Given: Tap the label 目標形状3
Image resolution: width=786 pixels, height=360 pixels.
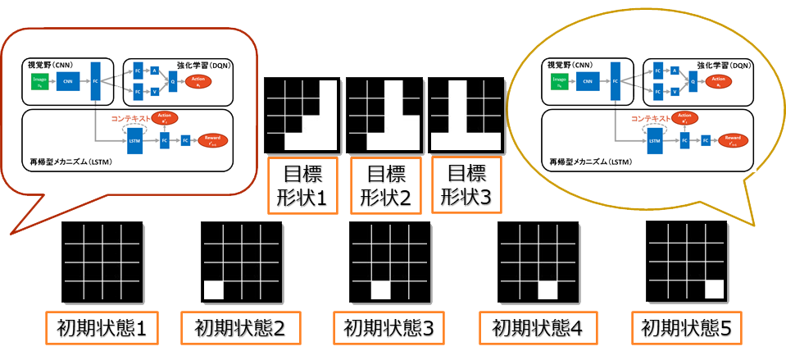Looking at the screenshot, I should point(465,185).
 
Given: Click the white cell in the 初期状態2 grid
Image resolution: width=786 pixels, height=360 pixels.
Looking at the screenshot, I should point(213,289).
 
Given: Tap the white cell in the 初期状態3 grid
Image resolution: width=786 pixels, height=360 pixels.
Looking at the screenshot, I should point(381,289).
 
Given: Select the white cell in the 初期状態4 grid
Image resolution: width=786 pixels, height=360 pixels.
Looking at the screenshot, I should point(547,289).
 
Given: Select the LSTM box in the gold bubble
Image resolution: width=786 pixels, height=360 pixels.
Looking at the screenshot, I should point(654,141).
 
